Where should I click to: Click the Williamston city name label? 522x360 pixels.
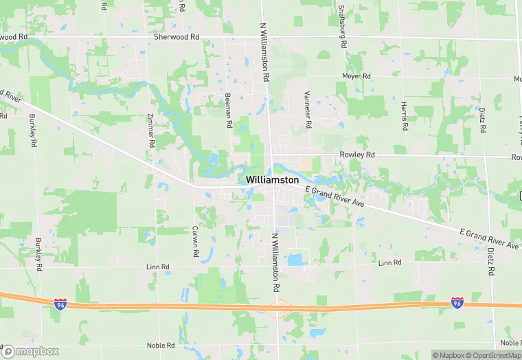pos(272,179)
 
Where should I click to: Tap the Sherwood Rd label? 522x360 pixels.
pos(176,37)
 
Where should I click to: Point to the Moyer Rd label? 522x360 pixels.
pos(356,76)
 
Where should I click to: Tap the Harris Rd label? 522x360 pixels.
pos(404,116)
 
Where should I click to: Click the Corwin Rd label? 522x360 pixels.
pos(196,243)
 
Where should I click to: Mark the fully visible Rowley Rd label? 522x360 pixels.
pos(357,155)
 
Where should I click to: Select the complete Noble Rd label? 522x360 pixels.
pos(162,345)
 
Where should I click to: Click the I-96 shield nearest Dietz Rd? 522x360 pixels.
pos(457,302)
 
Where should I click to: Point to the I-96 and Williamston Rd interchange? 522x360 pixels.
pos(278,305)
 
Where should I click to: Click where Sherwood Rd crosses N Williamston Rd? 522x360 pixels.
pos(264,37)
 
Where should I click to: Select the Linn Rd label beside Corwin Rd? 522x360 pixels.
pos(157,266)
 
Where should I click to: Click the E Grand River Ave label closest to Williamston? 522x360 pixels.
pos(334,197)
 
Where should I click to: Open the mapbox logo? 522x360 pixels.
pos(31,350)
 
